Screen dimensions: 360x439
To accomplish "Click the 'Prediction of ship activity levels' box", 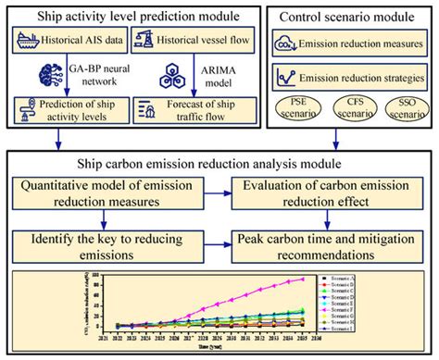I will coord(67,115).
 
